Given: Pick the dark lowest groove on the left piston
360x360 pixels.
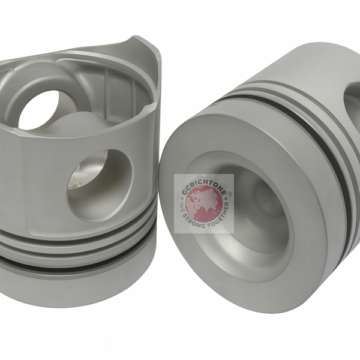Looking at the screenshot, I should pos(72,264).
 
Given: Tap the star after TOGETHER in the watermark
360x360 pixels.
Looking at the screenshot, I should pos(227,204).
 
